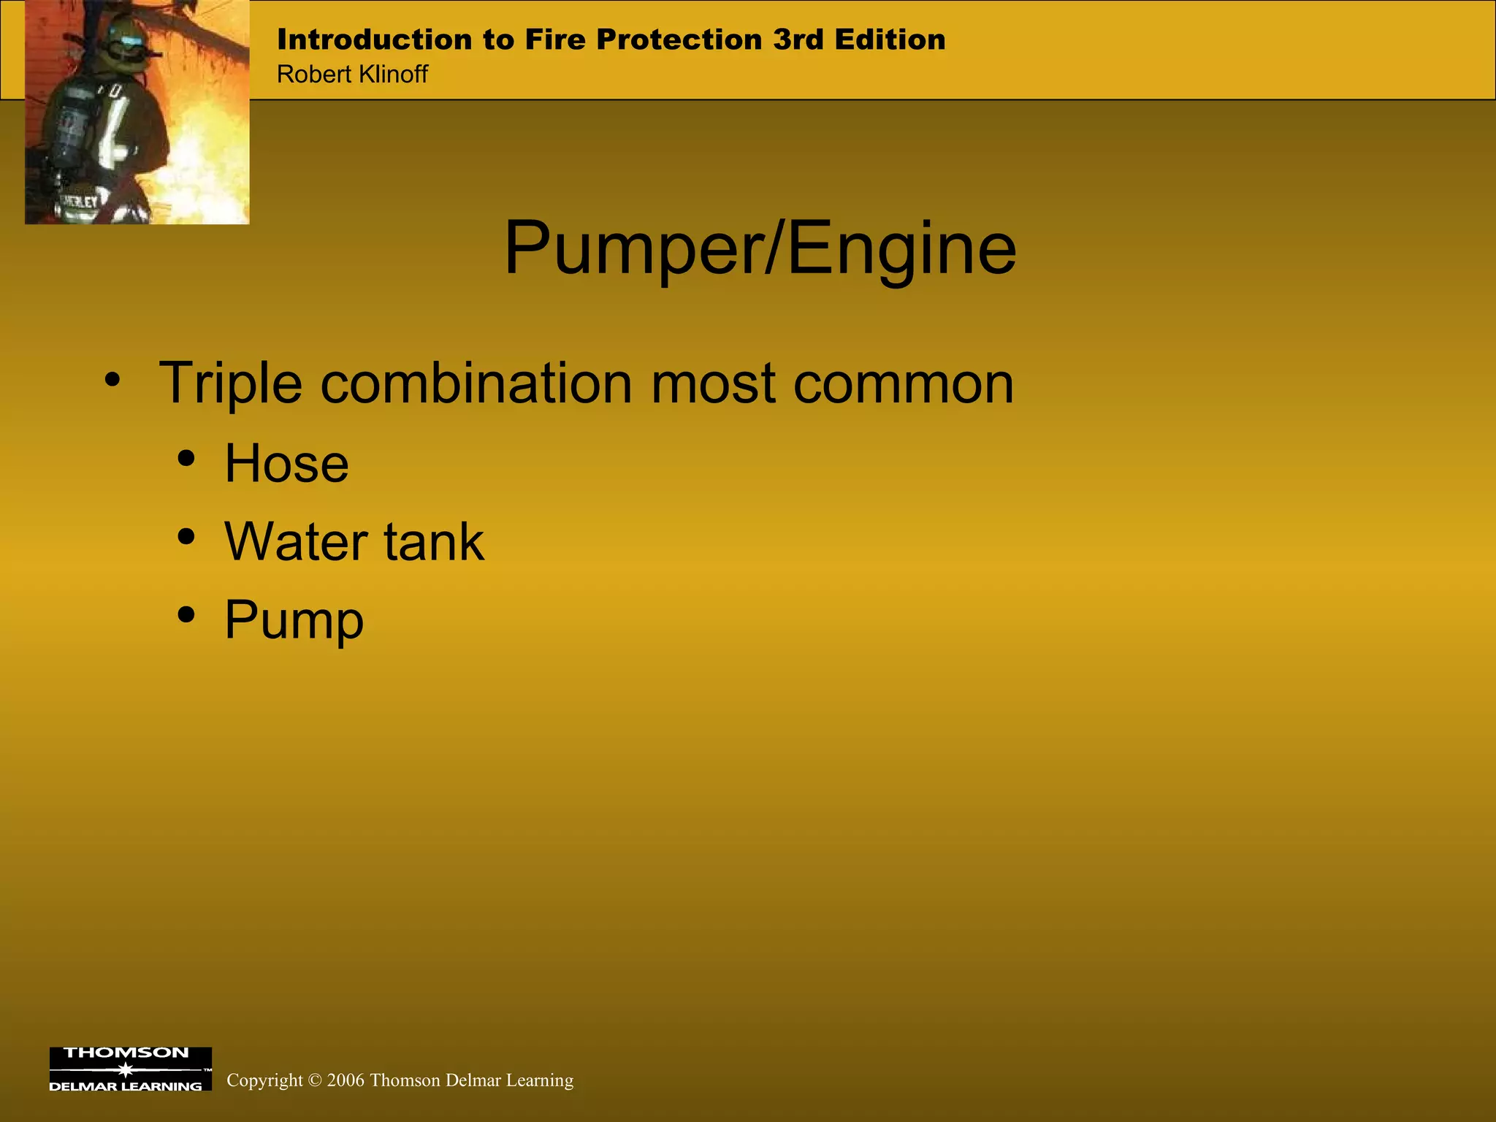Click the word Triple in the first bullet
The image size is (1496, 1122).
[230, 383]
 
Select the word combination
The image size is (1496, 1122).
[476, 383]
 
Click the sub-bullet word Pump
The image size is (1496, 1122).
[294, 620]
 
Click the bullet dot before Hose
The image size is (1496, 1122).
[187, 459]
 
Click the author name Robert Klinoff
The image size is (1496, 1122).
[352, 75]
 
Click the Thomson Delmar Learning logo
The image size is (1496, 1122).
[130, 1069]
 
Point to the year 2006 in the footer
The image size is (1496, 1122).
[346, 1080]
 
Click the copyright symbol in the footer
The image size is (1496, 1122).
[315, 1080]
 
